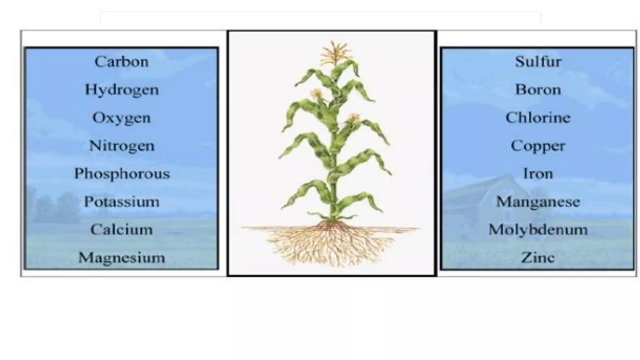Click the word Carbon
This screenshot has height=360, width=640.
[122, 62]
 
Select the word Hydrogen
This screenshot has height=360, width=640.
[122, 90]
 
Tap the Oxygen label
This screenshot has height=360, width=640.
[122, 118]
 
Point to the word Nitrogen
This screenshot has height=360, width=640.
[122, 146]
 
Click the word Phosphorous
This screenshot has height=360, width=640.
[122, 174]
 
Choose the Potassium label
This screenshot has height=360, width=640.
[122, 202]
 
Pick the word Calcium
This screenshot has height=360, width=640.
[122, 230]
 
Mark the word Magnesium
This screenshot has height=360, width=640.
[122, 258]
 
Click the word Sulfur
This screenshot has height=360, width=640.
[538, 62]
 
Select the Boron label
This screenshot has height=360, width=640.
[538, 90]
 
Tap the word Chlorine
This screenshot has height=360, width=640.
[538, 118]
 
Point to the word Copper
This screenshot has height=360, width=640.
[538, 146]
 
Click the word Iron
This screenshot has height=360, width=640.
[538, 174]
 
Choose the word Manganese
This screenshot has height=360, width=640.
[538, 202]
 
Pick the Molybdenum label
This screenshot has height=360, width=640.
[538, 230]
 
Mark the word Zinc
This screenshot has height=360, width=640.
[538, 258]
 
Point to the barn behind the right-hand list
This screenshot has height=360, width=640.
[487, 194]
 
